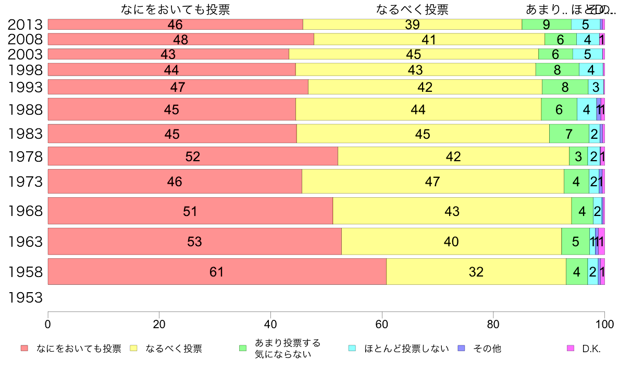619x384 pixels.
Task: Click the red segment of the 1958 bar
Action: (217, 272)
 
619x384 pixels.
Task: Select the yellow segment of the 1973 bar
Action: (432, 182)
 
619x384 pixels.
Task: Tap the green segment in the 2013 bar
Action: (546, 25)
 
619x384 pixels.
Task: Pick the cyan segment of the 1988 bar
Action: (586, 110)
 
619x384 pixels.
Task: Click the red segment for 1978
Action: (193, 157)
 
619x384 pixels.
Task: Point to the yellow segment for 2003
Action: (413, 54)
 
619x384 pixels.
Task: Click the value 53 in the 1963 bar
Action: (194, 242)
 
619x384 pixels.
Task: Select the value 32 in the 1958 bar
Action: (476, 272)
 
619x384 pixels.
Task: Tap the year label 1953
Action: (25, 298)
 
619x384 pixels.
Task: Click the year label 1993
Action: (25, 87)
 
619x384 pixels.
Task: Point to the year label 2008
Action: (25, 40)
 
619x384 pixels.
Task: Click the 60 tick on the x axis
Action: (382, 323)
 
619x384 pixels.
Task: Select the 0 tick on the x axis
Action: (48, 323)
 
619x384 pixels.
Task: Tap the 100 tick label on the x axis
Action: (604, 323)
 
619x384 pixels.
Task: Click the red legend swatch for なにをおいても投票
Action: (24, 349)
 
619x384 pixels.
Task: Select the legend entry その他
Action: (487, 349)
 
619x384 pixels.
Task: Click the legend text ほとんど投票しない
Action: (406, 349)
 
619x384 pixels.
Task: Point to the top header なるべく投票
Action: (412, 9)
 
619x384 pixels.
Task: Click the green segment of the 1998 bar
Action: (557, 69)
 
